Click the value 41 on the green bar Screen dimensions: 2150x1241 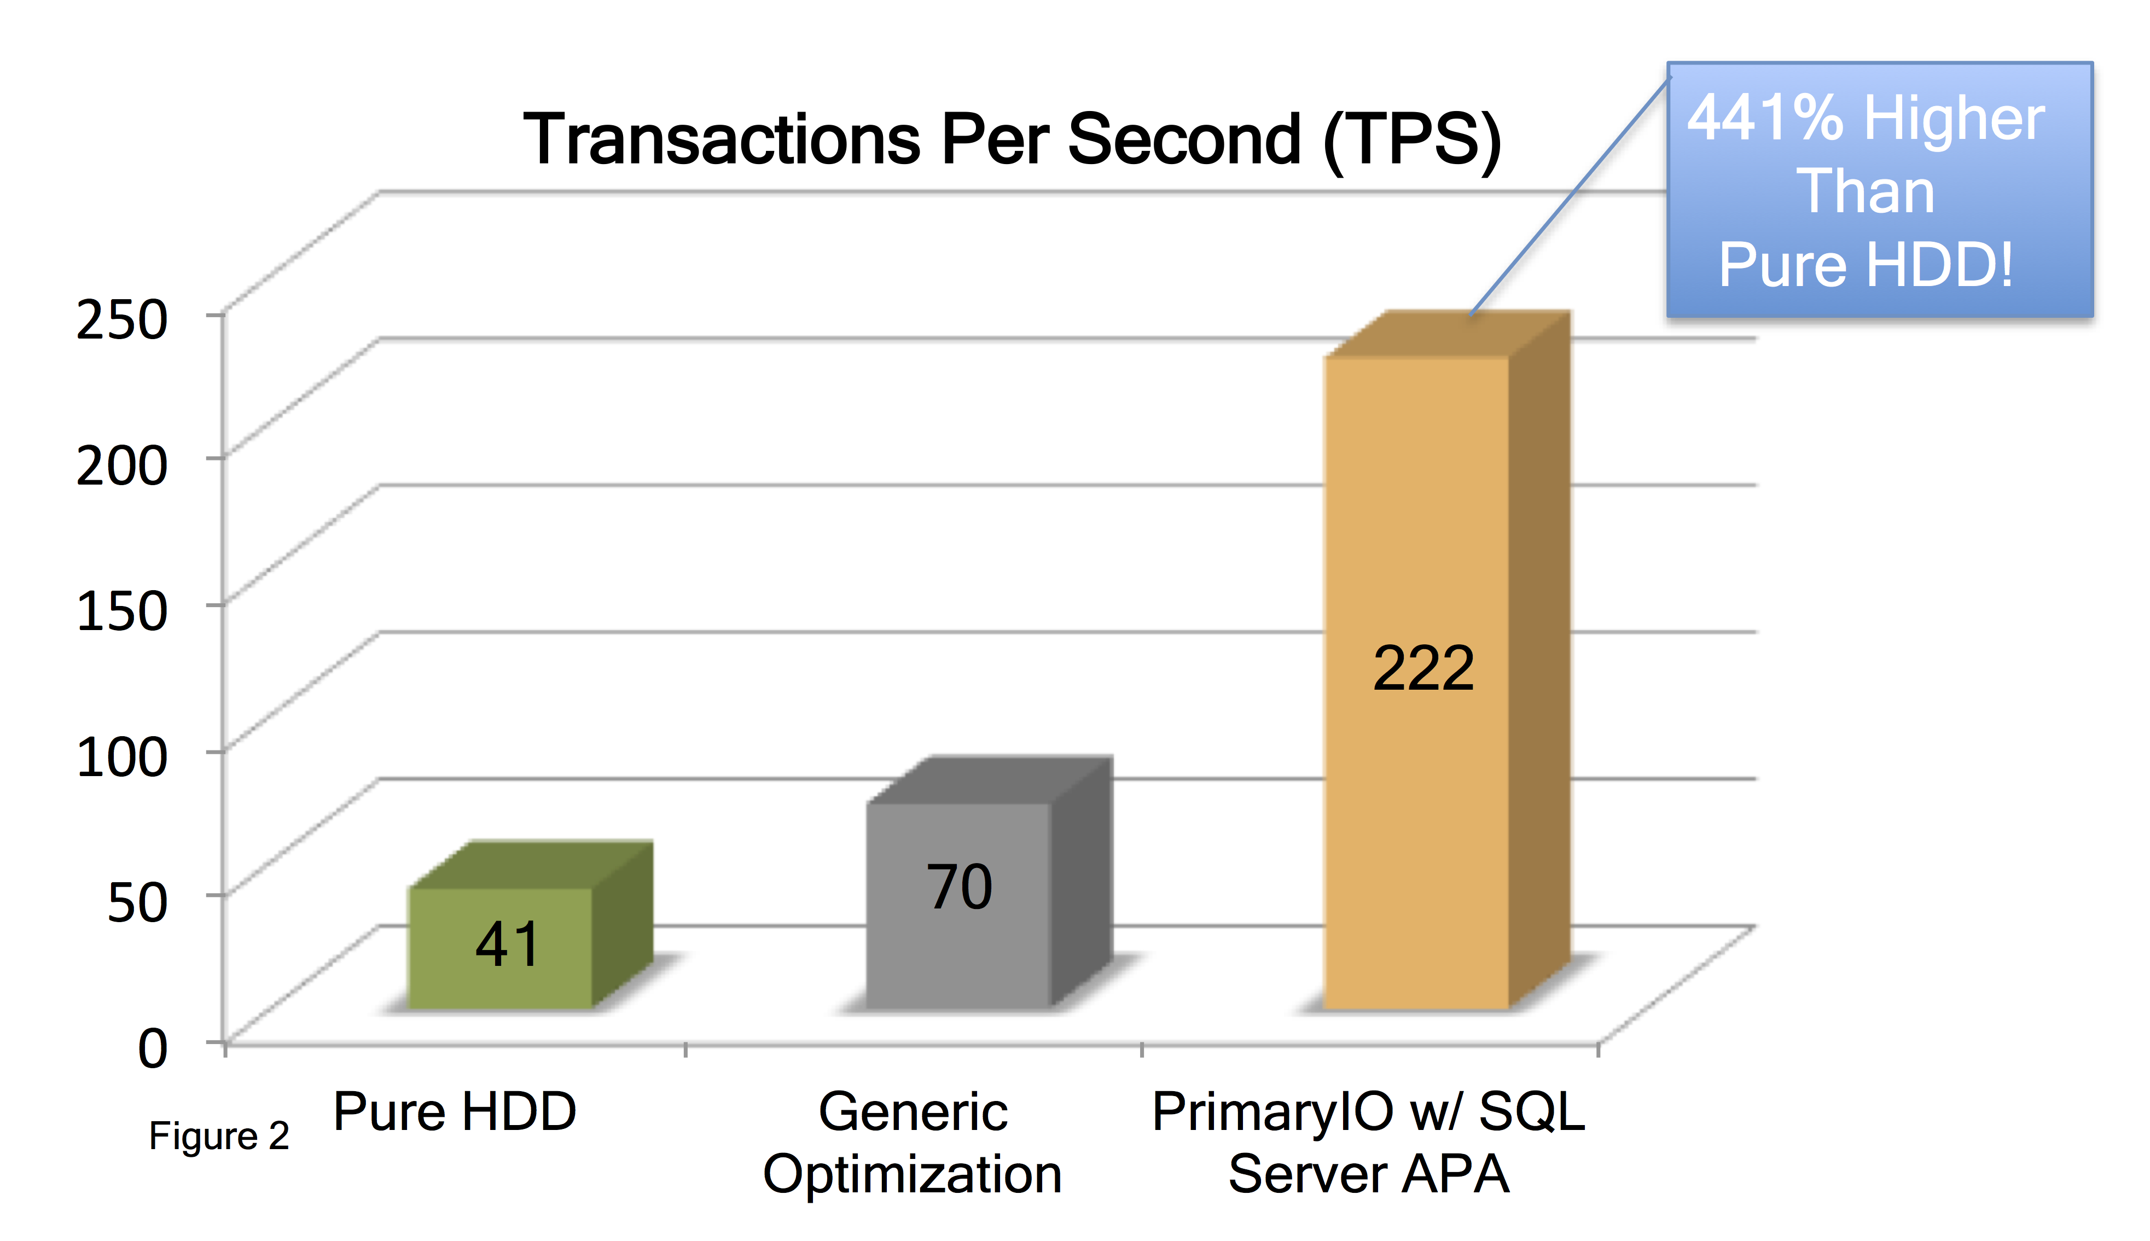pos(507,945)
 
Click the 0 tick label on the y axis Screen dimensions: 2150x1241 pos(153,1047)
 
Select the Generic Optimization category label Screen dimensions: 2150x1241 pos(912,1143)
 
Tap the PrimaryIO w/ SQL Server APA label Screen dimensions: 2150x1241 pos(1368,1143)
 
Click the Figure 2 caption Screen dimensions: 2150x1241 pos(219,1136)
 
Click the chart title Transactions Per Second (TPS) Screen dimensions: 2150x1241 pos(1012,139)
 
